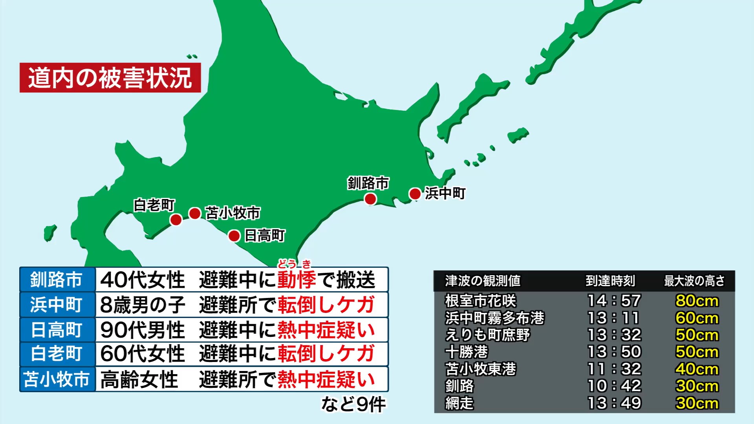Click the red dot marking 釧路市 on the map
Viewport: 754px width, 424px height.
pos(370,199)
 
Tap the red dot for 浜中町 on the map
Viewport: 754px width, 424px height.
pos(415,194)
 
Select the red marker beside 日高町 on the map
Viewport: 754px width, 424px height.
pos(234,236)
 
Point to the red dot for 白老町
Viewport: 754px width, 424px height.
pos(176,219)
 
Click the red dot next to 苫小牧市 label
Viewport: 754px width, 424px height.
pos(195,214)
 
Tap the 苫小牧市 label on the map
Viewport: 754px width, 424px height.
pos(233,213)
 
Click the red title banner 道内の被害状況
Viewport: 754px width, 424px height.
pos(110,78)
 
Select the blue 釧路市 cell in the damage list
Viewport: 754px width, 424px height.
pos(57,280)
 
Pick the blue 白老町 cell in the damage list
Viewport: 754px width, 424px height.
pos(57,354)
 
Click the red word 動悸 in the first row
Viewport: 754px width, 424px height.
pos(296,280)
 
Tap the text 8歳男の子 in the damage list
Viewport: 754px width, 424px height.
pos(143,305)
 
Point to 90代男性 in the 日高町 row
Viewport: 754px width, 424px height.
pos(143,330)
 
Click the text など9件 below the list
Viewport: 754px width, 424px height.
pos(353,404)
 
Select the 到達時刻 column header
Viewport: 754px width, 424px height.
pos(610,281)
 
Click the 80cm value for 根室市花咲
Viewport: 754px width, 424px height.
pos(697,301)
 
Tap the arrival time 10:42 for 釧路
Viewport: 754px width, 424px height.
pos(614,386)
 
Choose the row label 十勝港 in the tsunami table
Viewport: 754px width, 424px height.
pos(467,352)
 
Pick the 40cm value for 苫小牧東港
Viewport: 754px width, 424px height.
pos(697,369)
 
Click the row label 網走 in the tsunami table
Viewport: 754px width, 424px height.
pos(459,403)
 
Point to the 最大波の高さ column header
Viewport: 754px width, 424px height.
pos(694,281)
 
